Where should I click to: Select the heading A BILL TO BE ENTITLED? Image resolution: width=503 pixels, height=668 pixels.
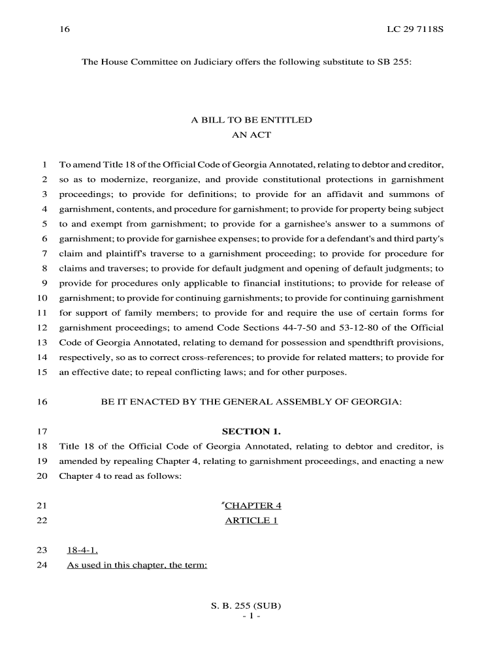pyautogui.click(x=251, y=120)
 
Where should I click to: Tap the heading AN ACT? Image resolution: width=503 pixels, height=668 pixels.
pyautogui.click(x=251, y=135)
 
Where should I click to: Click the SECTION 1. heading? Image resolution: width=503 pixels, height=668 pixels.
pyautogui.click(x=252, y=431)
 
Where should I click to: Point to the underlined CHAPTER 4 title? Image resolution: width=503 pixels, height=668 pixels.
pyautogui.click(x=252, y=506)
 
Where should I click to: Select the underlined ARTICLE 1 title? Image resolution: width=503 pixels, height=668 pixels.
pyautogui.click(x=252, y=521)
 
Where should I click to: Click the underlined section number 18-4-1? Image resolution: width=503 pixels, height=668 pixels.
pyautogui.click(x=82, y=550)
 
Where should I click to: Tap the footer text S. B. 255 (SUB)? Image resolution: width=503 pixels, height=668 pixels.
pyautogui.click(x=251, y=605)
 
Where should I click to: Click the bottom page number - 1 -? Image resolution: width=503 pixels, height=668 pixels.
pyautogui.click(x=251, y=616)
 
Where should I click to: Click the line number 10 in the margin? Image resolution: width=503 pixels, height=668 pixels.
pyautogui.click(x=42, y=298)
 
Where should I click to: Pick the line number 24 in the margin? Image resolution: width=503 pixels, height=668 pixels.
pyautogui.click(x=42, y=565)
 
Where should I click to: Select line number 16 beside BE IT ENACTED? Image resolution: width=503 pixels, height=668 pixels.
pyautogui.click(x=42, y=402)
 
